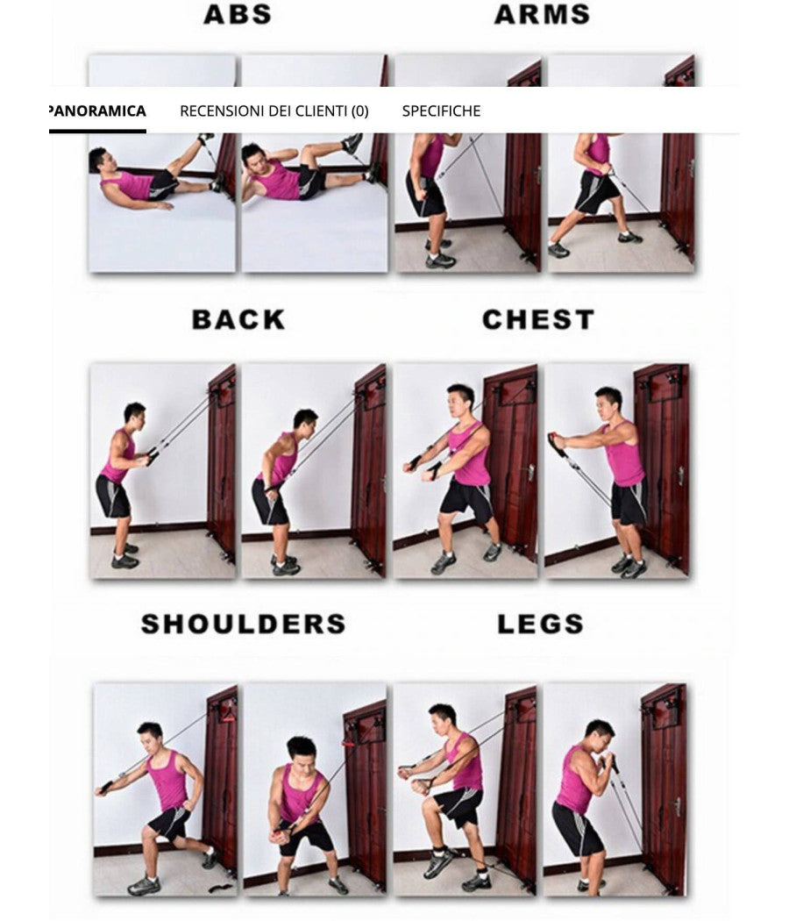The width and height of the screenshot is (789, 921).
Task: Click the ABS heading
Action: [237, 15]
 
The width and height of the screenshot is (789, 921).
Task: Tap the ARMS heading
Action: [541, 15]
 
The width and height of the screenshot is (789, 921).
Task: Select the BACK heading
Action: [238, 319]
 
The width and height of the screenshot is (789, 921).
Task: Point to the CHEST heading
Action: [537, 319]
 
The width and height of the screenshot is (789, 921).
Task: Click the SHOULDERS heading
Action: [243, 624]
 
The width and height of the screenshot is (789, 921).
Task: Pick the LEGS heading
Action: [540, 624]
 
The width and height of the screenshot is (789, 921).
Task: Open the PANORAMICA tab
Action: [97, 111]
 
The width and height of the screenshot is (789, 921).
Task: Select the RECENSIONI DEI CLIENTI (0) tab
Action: [274, 111]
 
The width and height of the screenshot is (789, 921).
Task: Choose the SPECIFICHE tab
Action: [441, 111]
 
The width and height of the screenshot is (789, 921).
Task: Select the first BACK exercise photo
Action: [163, 471]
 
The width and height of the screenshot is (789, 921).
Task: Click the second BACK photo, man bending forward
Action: [314, 471]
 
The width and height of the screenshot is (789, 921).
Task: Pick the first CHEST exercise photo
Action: [465, 471]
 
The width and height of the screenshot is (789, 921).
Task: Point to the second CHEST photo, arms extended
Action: [616, 471]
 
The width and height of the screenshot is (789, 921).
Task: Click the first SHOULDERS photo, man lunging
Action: [166, 789]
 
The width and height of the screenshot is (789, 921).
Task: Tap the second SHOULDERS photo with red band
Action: [315, 789]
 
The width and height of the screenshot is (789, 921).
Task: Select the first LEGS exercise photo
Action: [465, 789]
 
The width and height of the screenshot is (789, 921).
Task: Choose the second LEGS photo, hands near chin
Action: [615, 789]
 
